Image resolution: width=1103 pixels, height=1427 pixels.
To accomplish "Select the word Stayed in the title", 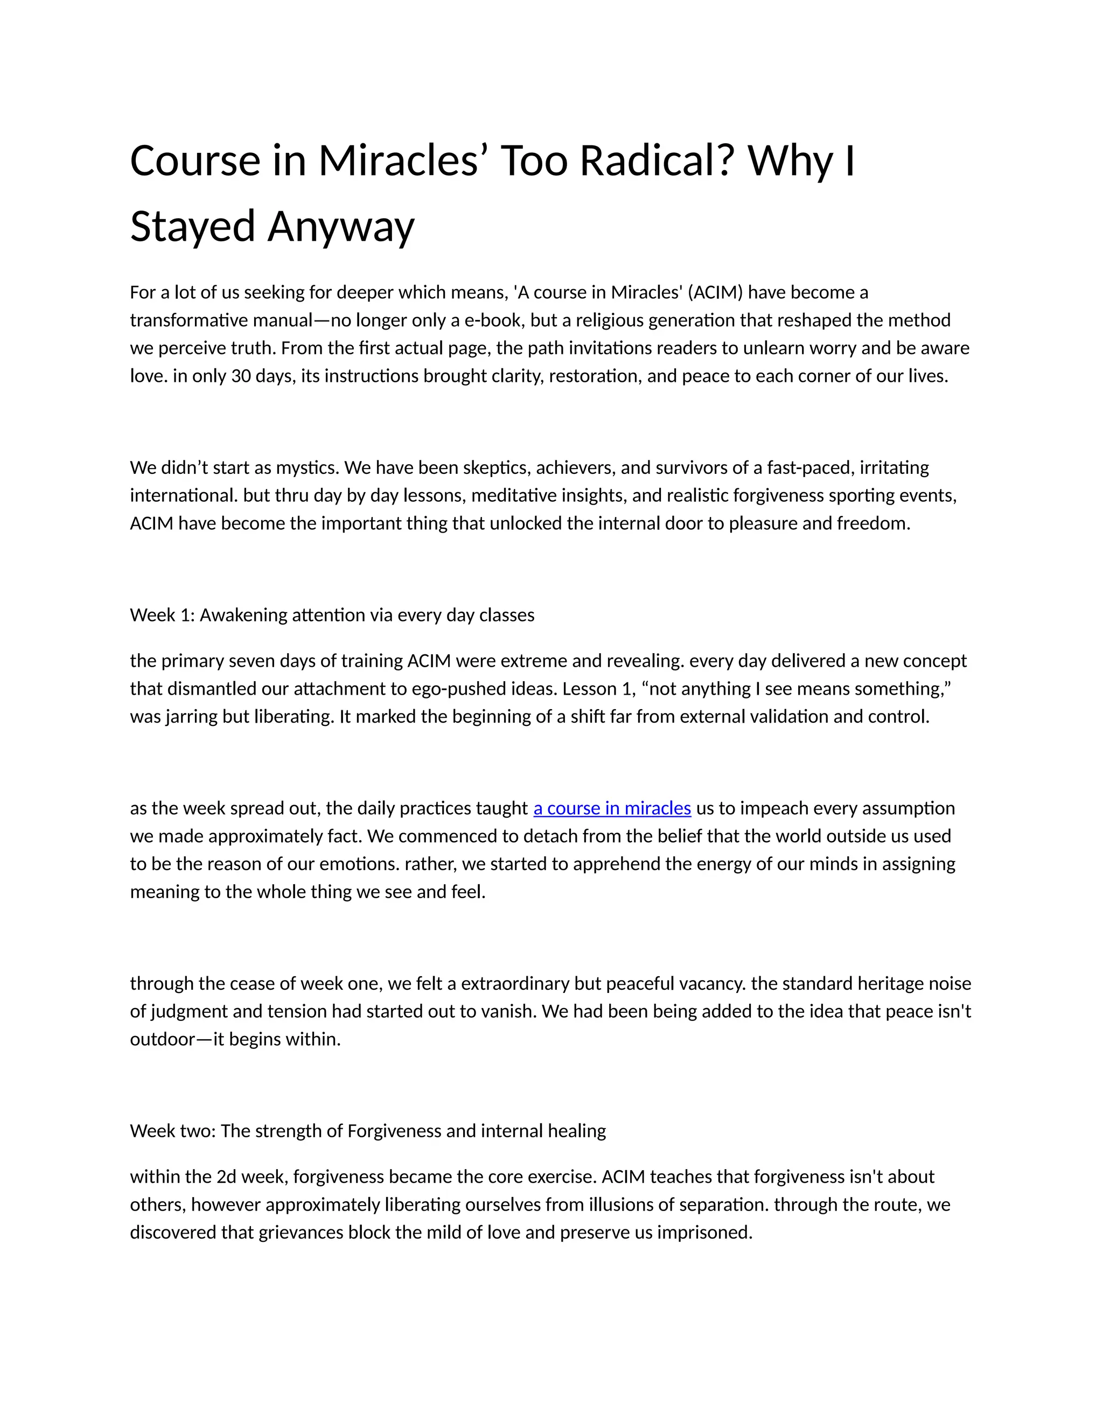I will point(193,227).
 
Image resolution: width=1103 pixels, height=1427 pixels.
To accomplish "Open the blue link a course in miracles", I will point(612,808).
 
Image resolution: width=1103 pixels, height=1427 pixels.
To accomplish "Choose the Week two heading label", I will point(172,1131).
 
